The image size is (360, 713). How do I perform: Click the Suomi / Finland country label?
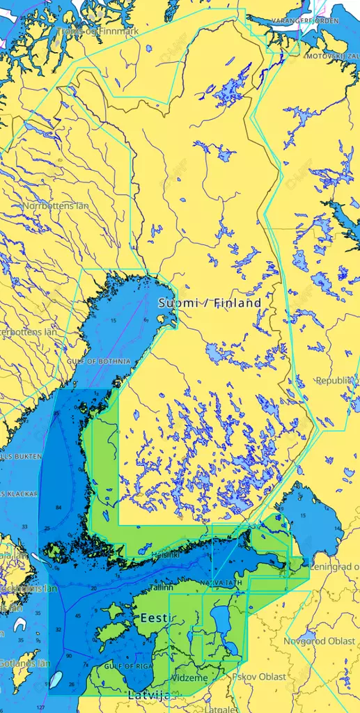click(x=210, y=303)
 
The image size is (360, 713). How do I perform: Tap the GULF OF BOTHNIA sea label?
click(x=98, y=361)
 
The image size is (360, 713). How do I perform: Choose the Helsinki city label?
click(x=166, y=555)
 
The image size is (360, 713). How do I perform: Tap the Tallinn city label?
click(x=160, y=587)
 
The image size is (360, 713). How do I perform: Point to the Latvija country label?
click(x=149, y=695)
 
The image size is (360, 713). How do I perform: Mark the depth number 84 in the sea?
click(x=58, y=507)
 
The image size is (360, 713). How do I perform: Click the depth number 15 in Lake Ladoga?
click(x=302, y=515)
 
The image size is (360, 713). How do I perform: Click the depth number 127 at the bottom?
click(x=40, y=707)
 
